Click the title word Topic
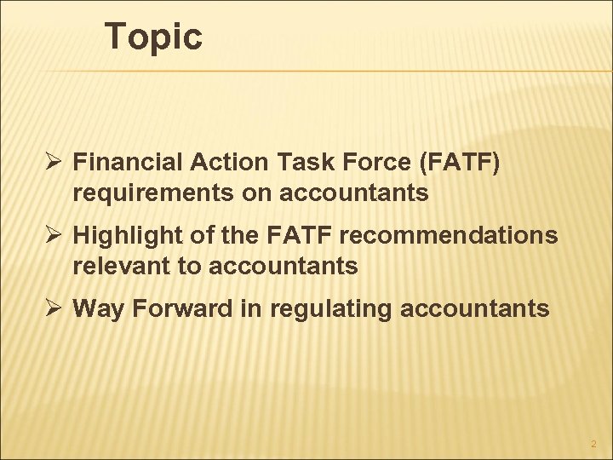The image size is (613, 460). pyautogui.click(x=153, y=37)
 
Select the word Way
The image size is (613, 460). pyautogui.click(x=96, y=308)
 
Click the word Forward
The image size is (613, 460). pyautogui.click(x=179, y=308)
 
